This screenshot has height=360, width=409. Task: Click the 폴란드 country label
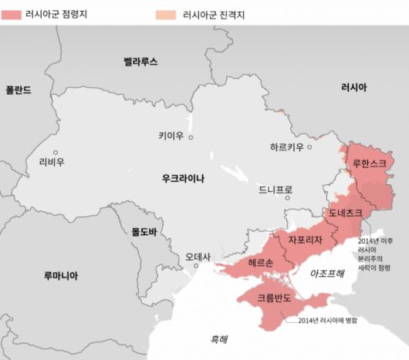pos(19,89)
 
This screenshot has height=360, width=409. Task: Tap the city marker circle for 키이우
pos(191,137)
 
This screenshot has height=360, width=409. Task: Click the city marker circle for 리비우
pos(55,152)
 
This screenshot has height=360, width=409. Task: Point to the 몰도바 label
pos(144,230)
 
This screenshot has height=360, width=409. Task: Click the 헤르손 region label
pos(261,263)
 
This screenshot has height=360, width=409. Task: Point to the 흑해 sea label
pos(220,338)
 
